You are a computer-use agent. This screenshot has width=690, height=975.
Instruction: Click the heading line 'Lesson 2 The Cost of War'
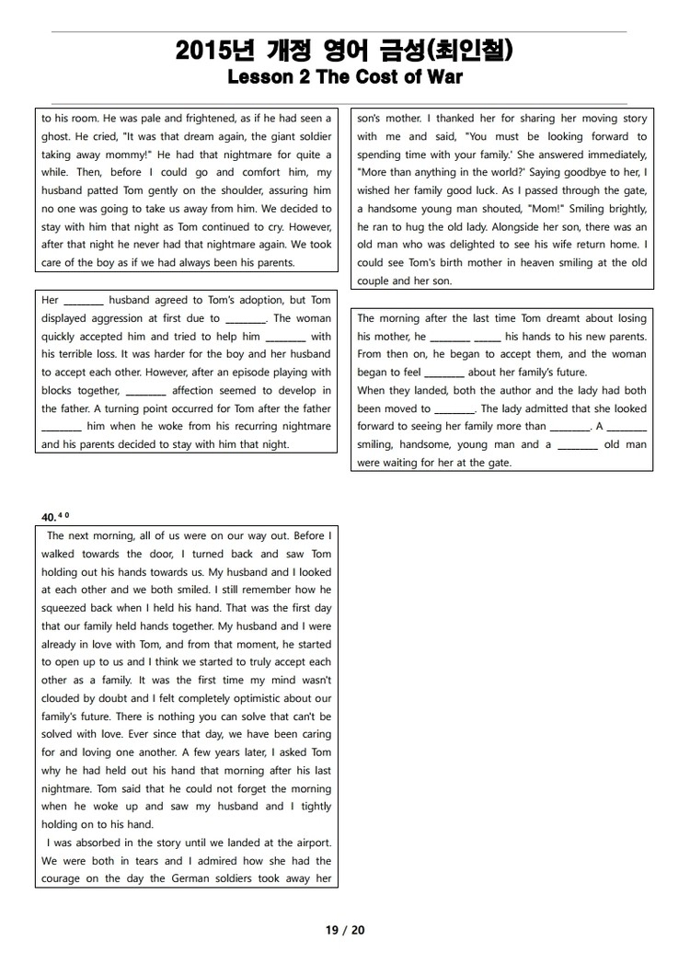(344, 77)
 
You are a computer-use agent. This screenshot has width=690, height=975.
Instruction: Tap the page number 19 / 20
(345, 930)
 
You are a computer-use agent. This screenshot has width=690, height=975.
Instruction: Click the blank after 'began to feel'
(445, 373)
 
